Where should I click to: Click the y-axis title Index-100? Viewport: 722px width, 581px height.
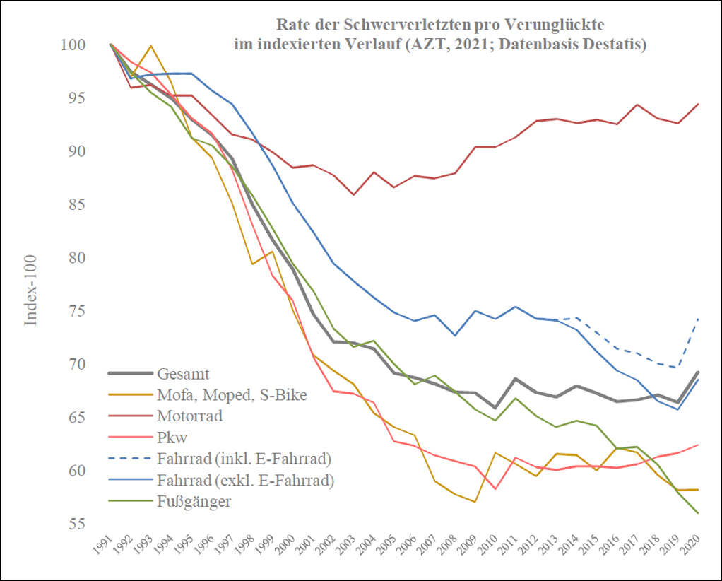(31, 290)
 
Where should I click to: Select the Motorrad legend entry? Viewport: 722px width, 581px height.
(190, 416)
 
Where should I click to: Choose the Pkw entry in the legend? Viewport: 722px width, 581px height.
(172, 437)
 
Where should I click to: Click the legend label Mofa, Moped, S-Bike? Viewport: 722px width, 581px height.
(232, 394)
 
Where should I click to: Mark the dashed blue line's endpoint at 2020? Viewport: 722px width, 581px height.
(698, 318)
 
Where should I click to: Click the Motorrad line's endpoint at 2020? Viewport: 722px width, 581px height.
(698, 104)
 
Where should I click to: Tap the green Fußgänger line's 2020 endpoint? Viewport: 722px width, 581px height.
(698, 513)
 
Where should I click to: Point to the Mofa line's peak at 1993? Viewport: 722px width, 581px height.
(150, 46)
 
